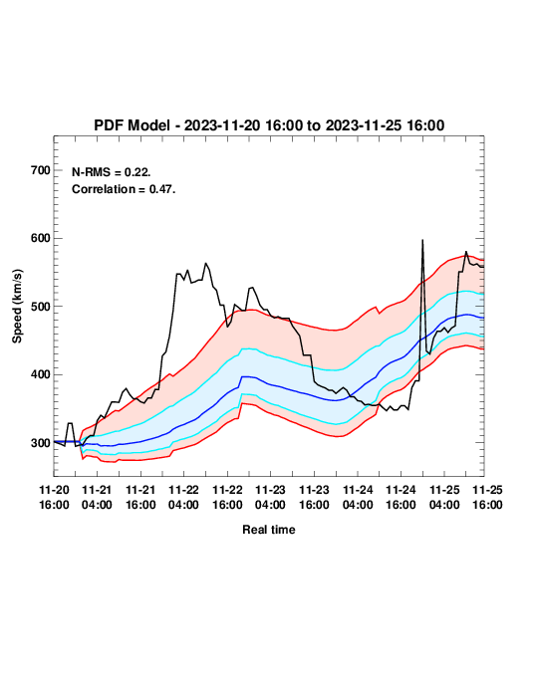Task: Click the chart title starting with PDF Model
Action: [x=269, y=125]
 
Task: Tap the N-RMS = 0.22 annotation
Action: [x=112, y=172]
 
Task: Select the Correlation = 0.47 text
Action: [x=124, y=189]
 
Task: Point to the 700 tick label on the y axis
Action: [x=41, y=170]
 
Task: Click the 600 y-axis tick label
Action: [x=41, y=238]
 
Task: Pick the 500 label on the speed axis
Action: [x=41, y=307]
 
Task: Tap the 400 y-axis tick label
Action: [x=41, y=374]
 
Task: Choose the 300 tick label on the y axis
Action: [x=41, y=443]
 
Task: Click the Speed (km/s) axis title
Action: [x=17, y=307]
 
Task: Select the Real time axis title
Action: [x=269, y=530]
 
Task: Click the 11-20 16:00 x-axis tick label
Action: [x=54, y=497]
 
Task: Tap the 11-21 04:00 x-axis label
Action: [x=97, y=497]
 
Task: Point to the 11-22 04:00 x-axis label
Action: [x=184, y=497]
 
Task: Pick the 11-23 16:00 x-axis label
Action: [x=314, y=497]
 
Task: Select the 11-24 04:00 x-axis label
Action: [x=358, y=497]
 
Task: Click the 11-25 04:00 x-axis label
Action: [x=444, y=497]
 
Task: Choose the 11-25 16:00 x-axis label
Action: [x=487, y=497]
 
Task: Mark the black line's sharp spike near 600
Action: [x=422, y=240]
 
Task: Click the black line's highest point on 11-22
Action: [x=206, y=263]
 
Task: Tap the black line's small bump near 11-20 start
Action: [x=70, y=423]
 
